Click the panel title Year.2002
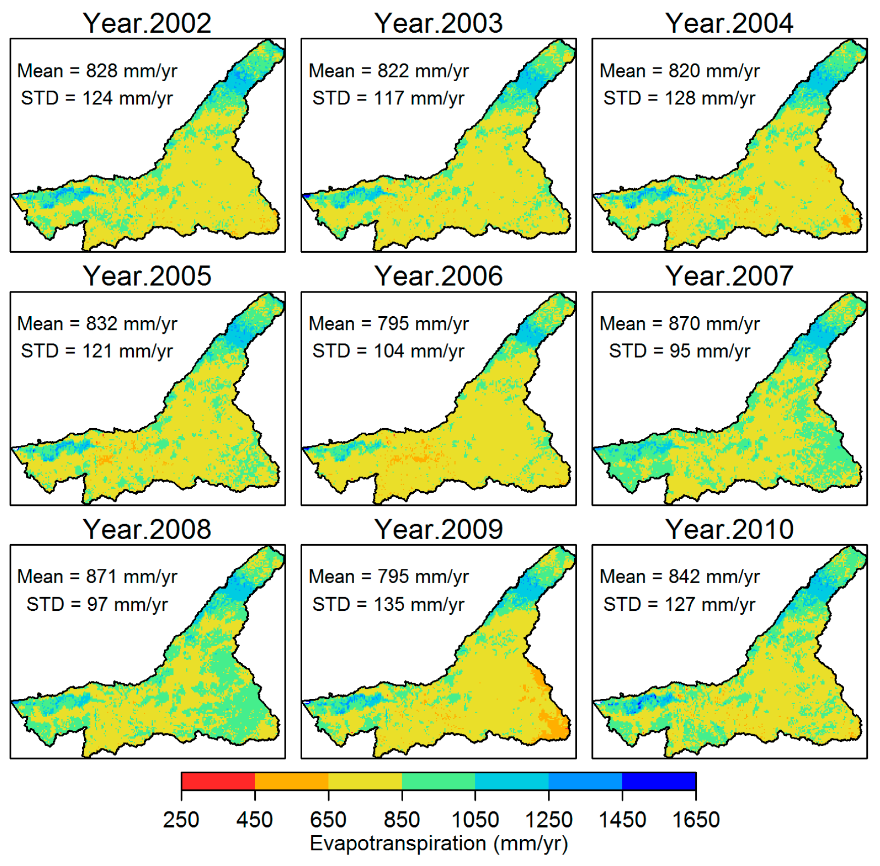coord(147,23)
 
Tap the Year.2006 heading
coord(438,276)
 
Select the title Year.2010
coord(729,529)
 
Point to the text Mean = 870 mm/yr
coord(679,324)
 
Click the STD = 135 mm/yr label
coord(388,604)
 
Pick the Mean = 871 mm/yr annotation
coord(97,576)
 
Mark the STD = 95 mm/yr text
coord(679,351)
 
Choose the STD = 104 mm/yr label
coord(388,351)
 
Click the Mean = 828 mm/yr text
coord(97,71)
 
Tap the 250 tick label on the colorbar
coord(181,820)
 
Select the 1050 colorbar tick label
coord(475,820)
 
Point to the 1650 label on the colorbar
coord(695,820)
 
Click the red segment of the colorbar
coord(218,781)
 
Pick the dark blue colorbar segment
coord(658,781)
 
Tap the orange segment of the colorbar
coord(292,781)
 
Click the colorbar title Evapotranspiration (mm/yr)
coord(438,843)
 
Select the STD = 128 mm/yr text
coord(679,98)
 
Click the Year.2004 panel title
coord(729,23)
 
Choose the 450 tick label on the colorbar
coord(254,820)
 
